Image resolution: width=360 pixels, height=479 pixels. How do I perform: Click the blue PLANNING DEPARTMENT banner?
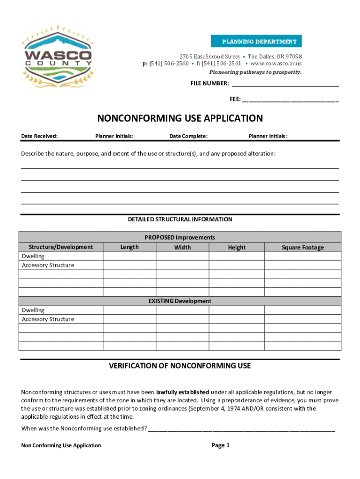(256, 41)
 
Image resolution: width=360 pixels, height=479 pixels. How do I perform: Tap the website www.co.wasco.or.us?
(276, 64)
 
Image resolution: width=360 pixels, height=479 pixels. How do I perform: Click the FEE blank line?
(290, 99)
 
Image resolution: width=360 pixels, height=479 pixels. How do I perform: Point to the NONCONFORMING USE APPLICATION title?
(180, 118)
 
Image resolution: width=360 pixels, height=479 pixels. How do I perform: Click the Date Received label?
(40, 136)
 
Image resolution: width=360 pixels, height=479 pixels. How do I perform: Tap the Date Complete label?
(188, 136)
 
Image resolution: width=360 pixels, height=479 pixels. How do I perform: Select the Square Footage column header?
(302, 247)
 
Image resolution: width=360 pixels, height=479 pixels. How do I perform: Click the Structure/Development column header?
(61, 247)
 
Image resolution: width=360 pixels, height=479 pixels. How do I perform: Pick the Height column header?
(237, 247)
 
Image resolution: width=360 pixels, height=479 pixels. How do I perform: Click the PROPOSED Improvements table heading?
(180, 238)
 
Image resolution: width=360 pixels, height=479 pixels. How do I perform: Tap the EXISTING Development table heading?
(180, 301)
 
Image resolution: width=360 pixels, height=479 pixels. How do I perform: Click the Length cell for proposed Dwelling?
(129, 256)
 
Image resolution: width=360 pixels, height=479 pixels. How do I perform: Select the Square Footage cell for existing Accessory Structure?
(302, 319)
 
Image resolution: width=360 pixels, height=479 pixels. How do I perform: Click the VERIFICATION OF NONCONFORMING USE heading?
(180, 366)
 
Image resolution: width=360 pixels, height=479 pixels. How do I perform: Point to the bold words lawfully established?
(182, 392)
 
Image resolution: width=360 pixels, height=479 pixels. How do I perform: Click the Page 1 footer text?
(221, 445)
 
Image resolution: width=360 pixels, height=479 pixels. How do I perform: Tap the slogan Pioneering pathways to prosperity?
(255, 72)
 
